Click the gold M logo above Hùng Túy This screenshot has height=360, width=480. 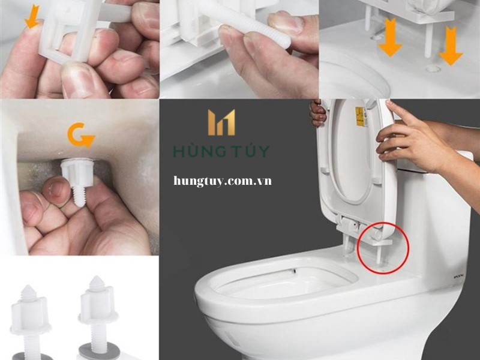221,123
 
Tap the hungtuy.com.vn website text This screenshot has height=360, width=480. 222,181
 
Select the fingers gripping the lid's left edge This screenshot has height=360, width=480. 317,114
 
